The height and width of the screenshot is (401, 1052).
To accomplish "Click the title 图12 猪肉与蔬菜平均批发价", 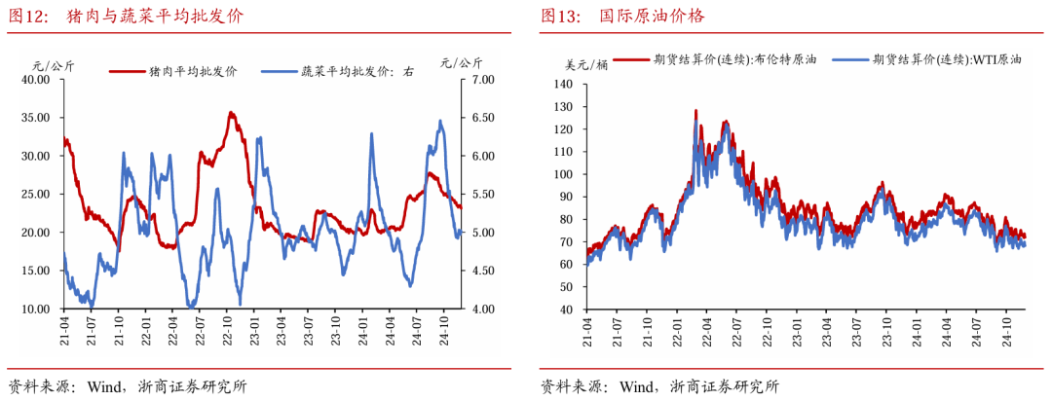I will pos(127,17).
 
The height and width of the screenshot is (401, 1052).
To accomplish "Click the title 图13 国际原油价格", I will pos(622,17).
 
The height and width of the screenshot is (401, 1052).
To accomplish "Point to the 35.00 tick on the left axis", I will pos(36,118).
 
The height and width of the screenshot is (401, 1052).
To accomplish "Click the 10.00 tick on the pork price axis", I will pos(36,310).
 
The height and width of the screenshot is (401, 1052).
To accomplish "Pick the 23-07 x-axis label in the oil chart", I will pos(856,327).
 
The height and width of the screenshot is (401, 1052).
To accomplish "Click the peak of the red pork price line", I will pos(231,113).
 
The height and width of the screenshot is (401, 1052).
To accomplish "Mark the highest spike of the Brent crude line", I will pos(695,111).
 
